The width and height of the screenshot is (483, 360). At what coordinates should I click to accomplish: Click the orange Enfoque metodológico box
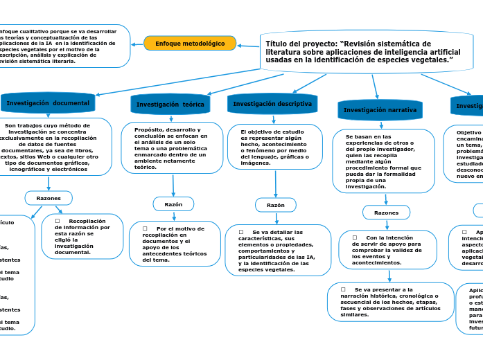click(x=190, y=43)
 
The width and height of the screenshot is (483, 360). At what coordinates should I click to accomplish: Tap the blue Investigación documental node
click(x=48, y=103)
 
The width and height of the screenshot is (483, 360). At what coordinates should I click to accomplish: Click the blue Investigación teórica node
click(x=170, y=105)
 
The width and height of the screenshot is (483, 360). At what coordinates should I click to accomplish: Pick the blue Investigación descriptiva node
click(x=272, y=104)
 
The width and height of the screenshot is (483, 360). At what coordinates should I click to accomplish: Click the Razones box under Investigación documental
click(x=49, y=198)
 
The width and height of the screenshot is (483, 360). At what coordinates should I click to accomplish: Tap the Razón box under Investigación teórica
click(x=173, y=204)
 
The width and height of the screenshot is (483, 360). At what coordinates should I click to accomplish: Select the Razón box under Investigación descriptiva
click(x=276, y=205)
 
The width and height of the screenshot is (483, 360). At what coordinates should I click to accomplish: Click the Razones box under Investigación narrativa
click(x=386, y=213)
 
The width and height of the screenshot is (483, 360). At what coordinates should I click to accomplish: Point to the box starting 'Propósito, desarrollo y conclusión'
click(x=172, y=147)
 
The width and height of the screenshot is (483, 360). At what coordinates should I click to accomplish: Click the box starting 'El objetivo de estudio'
click(x=275, y=147)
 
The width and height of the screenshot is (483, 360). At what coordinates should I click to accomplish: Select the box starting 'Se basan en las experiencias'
click(x=384, y=161)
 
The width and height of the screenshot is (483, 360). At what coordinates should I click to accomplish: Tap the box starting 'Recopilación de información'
click(x=82, y=236)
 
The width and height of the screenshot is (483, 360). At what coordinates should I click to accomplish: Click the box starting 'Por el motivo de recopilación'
click(x=175, y=244)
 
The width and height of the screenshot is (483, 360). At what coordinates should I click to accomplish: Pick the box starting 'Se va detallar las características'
click(x=277, y=250)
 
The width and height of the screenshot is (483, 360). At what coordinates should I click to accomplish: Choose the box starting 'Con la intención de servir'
click(x=388, y=249)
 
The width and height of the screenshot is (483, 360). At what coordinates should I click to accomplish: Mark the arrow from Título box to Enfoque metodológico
click(x=248, y=46)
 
